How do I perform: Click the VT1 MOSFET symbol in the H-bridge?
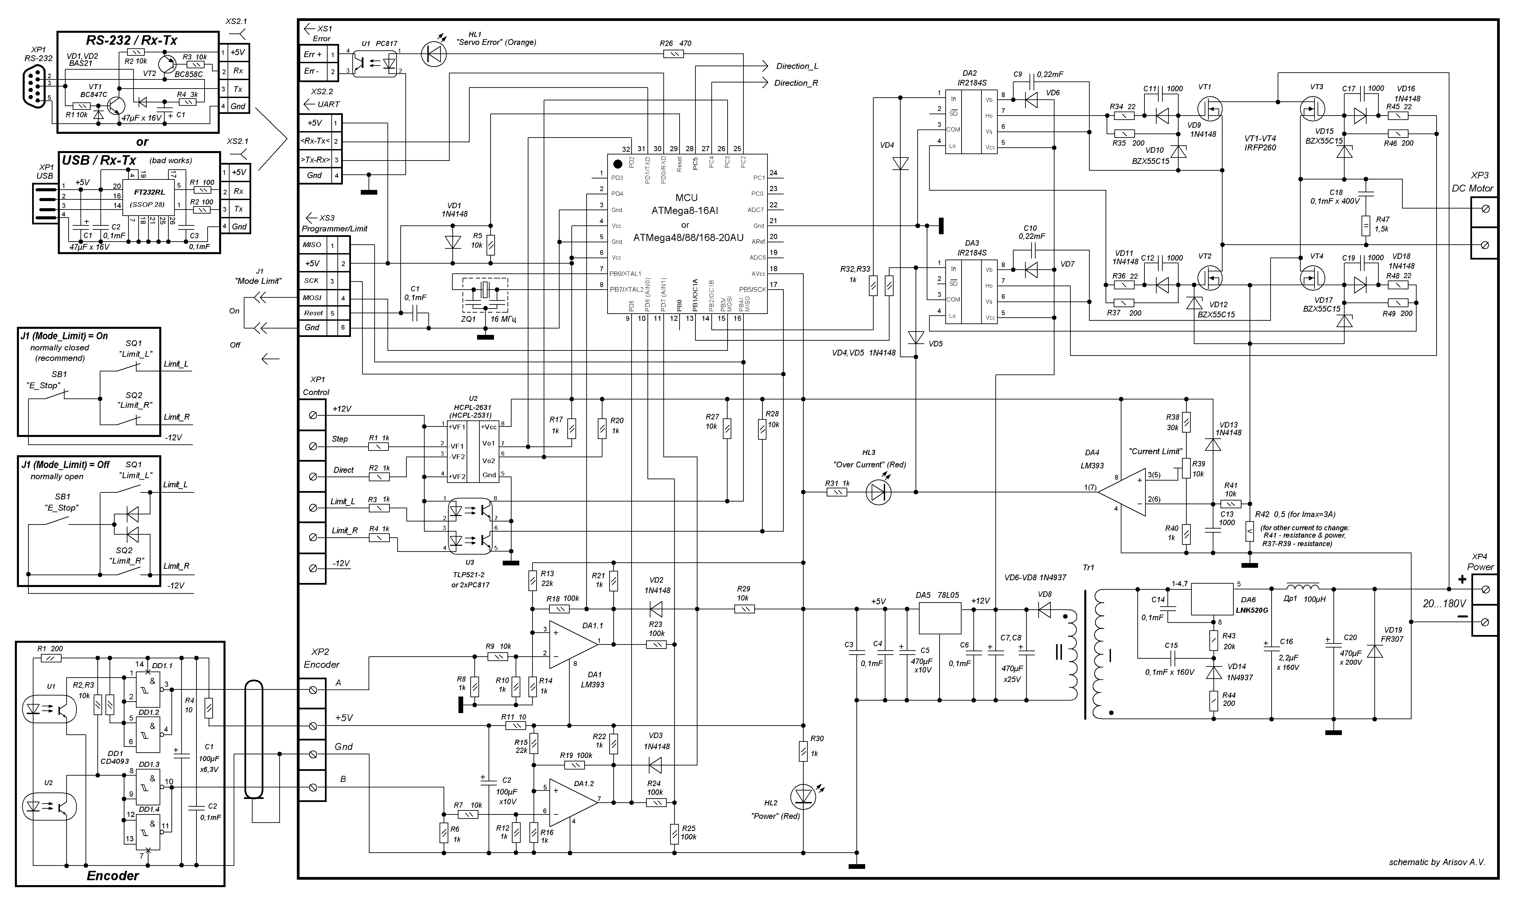pos(1210,109)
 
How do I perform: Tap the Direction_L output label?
pos(797,66)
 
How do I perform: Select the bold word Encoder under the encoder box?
pos(113,876)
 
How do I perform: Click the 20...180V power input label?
pos(1444,604)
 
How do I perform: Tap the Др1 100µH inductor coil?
pos(1302,588)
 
